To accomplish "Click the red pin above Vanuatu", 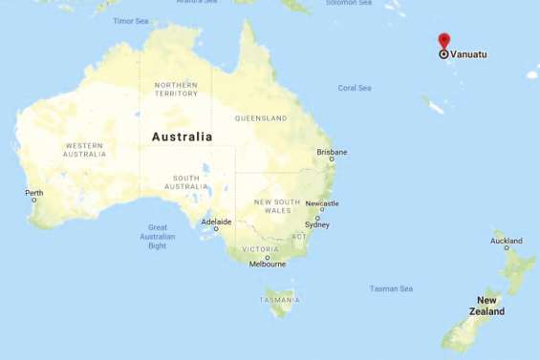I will (443, 41).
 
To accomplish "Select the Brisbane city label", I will (332, 152).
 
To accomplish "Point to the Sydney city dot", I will (317, 218).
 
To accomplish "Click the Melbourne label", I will (267, 265).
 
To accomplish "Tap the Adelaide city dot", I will (216, 229).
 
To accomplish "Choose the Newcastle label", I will (321, 203).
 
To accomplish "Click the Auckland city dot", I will (508, 249).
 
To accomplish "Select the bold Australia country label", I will (182, 137).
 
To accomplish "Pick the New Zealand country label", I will (487, 306).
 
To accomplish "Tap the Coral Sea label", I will (355, 88).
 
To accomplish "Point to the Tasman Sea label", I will (391, 288).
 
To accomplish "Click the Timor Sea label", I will (131, 20).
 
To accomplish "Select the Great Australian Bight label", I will (158, 236).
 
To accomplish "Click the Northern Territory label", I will (176, 89).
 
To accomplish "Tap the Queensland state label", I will (261, 118).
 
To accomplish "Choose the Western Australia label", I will (84, 150).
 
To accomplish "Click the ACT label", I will (299, 236).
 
